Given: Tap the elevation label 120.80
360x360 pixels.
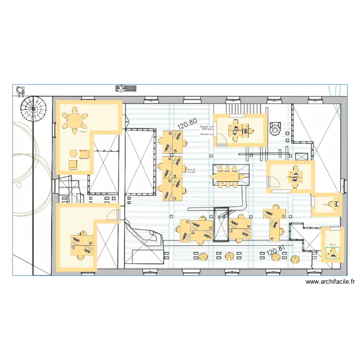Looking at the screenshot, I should click(x=187, y=125).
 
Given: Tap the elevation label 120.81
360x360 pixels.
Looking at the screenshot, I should click(x=276, y=250).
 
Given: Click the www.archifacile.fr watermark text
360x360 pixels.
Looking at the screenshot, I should click(x=330, y=283).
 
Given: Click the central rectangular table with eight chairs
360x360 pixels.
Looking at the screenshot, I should click(x=227, y=175).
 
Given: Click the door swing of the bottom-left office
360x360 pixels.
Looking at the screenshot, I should click(x=113, y=214).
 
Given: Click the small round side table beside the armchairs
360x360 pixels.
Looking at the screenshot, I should click(x=73, y=154).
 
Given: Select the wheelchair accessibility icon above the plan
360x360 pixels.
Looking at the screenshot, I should click(x=126, y=88).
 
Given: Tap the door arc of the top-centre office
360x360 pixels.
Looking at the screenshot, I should click(x=221, y=138).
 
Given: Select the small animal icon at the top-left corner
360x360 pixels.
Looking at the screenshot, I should click(x=20, y=91).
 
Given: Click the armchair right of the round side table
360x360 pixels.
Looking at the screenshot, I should click(x=84, y=154).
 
